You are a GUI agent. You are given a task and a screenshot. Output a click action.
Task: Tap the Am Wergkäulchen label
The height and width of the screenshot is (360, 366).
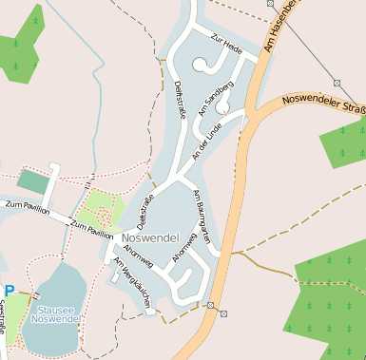click(133, 282)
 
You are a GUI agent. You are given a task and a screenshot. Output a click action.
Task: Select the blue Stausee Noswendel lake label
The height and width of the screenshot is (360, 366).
click(55, 314)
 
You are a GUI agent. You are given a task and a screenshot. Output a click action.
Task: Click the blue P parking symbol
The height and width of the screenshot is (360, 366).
click(10, 292)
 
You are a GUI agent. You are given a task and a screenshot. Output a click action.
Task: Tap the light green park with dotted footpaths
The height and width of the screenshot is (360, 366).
click(99, 208)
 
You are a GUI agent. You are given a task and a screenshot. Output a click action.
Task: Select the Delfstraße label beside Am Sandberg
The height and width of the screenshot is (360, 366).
click(180, 100)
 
